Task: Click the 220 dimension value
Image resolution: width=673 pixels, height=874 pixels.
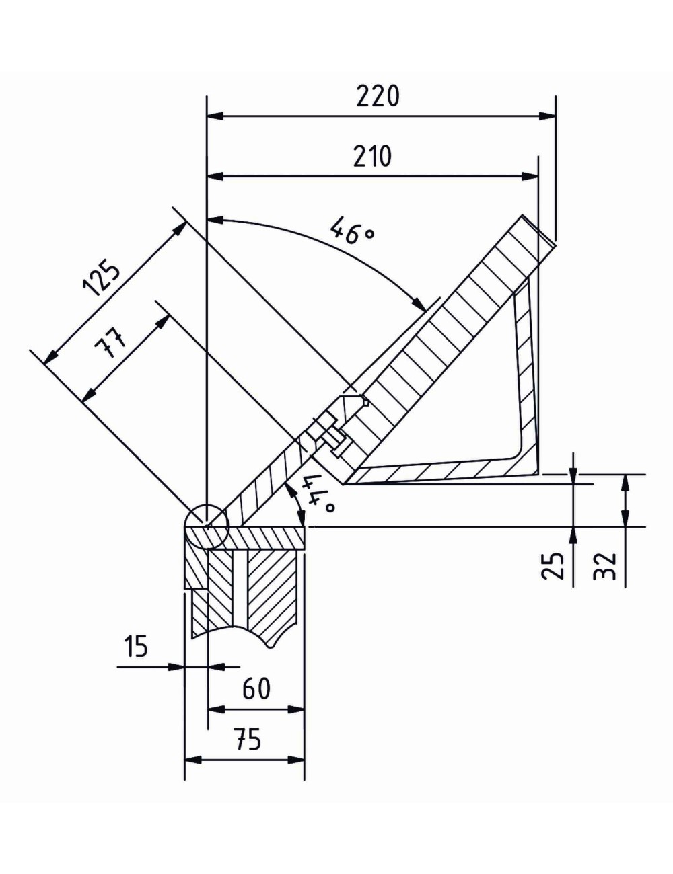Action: point(378,96)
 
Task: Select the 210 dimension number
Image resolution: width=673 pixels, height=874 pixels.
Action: point(372,156)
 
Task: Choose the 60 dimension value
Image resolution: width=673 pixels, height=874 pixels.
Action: point(256,688)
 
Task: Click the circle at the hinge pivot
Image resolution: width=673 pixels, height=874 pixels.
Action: point(208,526)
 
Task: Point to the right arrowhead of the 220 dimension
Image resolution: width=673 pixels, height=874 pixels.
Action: point(548,116)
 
